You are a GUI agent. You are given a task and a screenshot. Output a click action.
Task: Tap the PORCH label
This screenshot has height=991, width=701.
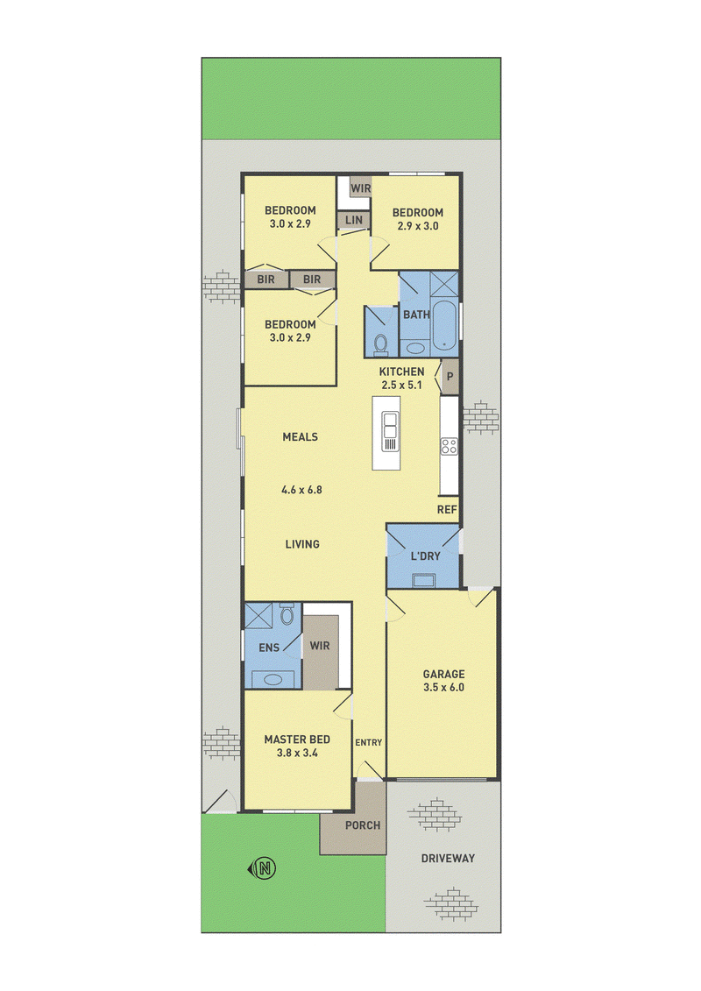coord(363,825)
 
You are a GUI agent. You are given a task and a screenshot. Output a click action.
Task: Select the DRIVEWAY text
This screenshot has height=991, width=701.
coord(448,859)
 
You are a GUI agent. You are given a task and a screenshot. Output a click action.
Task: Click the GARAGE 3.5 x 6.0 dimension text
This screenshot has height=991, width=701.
coord(443,687)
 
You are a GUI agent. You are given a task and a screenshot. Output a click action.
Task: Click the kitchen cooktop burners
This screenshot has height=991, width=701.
coord(450,446)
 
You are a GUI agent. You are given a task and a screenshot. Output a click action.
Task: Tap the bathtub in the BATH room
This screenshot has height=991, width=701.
coord(444,327)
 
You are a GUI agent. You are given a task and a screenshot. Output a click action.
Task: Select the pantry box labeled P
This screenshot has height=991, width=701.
coord(450,377)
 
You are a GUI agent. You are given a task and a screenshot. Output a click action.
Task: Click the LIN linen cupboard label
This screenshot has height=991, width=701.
coord(354,219)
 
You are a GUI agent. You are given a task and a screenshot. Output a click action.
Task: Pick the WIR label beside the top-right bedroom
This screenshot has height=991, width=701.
coord(360,188)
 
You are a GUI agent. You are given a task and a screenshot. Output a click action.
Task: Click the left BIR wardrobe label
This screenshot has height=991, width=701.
coord(266,279)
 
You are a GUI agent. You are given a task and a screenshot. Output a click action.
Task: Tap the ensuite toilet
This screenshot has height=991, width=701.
coord(287,613)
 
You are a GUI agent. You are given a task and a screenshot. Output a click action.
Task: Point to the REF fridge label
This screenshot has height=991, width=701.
coord(447,509)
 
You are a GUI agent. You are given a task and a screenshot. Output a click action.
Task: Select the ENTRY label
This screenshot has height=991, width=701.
coord(369,743)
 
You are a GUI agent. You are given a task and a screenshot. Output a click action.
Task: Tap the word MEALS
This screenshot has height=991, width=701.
coord(301,436)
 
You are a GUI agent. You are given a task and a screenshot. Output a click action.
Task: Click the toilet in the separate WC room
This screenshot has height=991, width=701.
coord(380,343)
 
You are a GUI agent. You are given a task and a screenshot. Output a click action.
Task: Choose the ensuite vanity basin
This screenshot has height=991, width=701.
coord(273,680)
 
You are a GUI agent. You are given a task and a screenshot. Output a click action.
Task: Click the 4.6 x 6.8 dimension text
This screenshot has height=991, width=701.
coord(301,489)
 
